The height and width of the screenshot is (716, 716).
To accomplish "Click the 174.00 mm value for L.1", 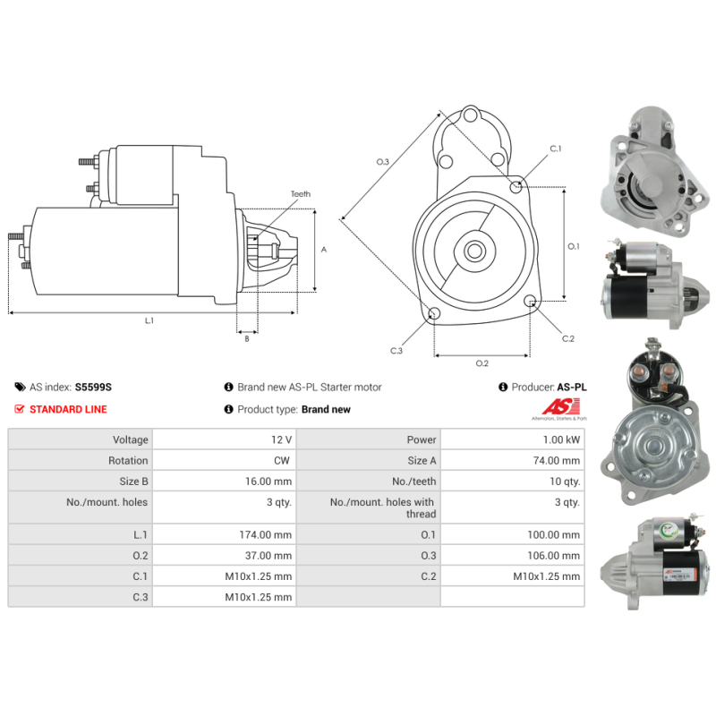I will (x=269, y=534).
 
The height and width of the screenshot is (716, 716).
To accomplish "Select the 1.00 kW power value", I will (x=562, y=439).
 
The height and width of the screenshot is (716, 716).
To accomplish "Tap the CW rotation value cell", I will (x=283, y=460).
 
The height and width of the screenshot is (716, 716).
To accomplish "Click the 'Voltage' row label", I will (x=130, y=439).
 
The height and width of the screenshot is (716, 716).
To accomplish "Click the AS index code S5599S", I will (x=93, y=388).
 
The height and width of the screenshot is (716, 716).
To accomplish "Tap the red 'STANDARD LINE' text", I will (x=68, y=409).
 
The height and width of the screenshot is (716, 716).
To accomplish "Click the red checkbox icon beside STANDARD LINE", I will (x=20, y=409).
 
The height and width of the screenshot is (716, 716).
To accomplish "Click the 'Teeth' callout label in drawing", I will (x=300, y=194).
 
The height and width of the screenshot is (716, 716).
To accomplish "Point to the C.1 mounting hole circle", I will (x=516, y=186).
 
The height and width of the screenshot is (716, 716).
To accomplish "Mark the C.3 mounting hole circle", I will (x=435, y=314).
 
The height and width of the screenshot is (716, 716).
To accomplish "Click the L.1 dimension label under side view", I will (x=149, y=320).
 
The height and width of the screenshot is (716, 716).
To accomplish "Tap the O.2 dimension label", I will (x=482, y=362).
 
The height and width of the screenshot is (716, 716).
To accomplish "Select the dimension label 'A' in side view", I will (x=323, y=250).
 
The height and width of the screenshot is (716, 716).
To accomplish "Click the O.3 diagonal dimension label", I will (x=382, y=162).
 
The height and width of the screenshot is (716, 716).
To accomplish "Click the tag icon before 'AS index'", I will (x=20, y=388).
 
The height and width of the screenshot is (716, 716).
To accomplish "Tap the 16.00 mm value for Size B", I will (x=270, y=481).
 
